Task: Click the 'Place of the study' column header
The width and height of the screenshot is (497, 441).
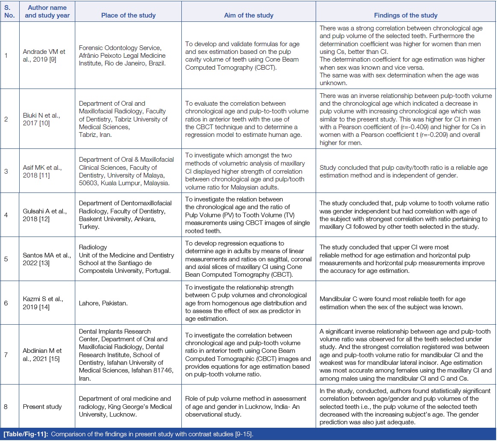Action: (x=128, y=15)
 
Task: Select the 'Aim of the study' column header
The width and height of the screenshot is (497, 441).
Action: (x=248, y=15)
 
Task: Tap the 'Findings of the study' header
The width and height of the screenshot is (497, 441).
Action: (x=405, y=15)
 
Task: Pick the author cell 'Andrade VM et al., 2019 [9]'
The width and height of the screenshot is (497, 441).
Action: (x=44, y=55)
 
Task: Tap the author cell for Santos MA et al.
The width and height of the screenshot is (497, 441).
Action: (x=47, y=259)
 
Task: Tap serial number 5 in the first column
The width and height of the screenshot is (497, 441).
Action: (x=6, y=259)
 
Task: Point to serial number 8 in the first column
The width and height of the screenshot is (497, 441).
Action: (x=6, y=406)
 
